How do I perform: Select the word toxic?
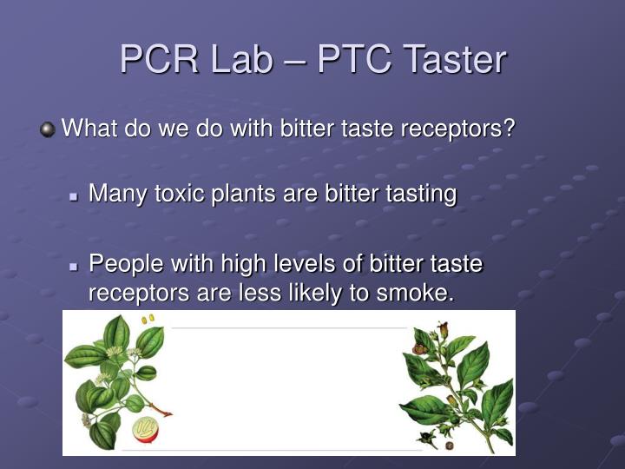pos(181,194)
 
